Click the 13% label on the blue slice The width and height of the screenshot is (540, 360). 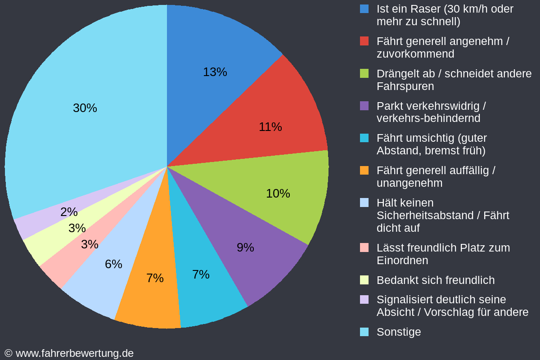215,72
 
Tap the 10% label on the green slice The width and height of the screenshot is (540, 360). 278,193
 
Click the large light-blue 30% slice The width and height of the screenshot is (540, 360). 85,108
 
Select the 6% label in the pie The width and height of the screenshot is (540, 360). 113,264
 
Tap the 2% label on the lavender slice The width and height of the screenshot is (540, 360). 69,212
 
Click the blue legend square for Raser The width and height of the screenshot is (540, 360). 364,9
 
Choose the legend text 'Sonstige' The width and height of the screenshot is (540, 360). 399,332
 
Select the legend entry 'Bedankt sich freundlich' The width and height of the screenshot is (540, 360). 435,280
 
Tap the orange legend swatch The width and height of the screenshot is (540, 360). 364,171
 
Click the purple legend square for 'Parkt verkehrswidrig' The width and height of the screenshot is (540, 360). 364,106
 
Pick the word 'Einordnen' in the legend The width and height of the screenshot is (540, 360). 402,261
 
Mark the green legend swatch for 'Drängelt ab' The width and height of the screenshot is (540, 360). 364,73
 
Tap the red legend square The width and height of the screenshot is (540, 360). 364,41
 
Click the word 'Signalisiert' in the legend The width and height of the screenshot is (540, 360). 402,300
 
